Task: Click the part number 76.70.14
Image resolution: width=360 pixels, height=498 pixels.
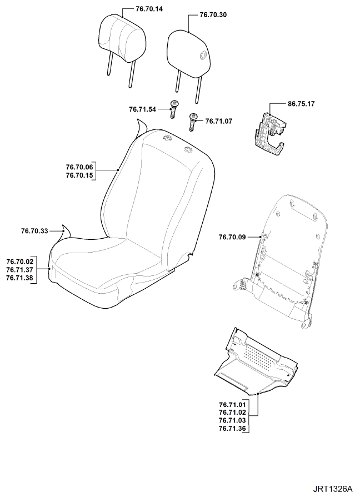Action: [149, 9]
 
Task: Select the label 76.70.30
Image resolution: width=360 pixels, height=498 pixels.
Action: [213, 15]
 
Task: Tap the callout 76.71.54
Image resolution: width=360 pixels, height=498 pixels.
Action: [142, 109]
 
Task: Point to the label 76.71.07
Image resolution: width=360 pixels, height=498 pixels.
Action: [218, 121]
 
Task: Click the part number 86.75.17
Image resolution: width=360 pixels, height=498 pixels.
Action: [301, 104]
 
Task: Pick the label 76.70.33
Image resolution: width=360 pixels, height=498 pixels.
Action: [34, 231]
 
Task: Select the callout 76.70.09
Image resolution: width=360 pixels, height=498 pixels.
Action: [232, 237]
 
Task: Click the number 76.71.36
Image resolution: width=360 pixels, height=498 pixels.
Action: [232, 429]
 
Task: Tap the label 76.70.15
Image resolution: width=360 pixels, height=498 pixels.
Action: [79, 175]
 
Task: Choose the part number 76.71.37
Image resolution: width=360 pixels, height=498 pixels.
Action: [19, 270]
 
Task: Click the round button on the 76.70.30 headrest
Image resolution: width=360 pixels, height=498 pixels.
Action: [202, 56]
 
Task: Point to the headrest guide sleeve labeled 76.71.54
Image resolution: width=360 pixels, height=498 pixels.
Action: [173, 109]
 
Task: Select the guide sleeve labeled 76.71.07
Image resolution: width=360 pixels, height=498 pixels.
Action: [192, 121]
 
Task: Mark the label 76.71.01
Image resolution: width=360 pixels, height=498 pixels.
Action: [232, 405]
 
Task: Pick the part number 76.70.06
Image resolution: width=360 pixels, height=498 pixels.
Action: [79, 167]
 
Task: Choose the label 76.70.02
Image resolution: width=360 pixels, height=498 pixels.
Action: [19, 261]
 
